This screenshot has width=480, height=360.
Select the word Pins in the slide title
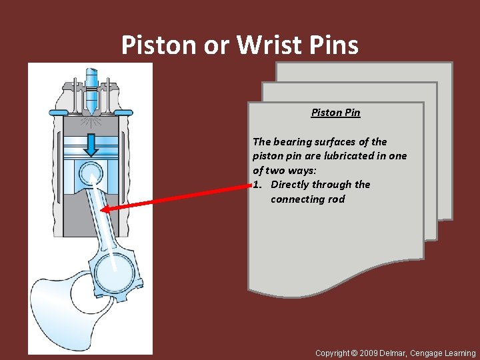pos(334,45)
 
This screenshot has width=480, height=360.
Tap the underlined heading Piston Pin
pos(335,113)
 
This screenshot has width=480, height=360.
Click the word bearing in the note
pos(295,141)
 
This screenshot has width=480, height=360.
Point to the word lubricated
pos(352,156)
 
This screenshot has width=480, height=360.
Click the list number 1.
pos(257,185)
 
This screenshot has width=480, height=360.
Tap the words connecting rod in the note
pos(307,199)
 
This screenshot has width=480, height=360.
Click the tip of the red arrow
pos(103,209)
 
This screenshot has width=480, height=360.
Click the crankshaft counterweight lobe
pos(53,307)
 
